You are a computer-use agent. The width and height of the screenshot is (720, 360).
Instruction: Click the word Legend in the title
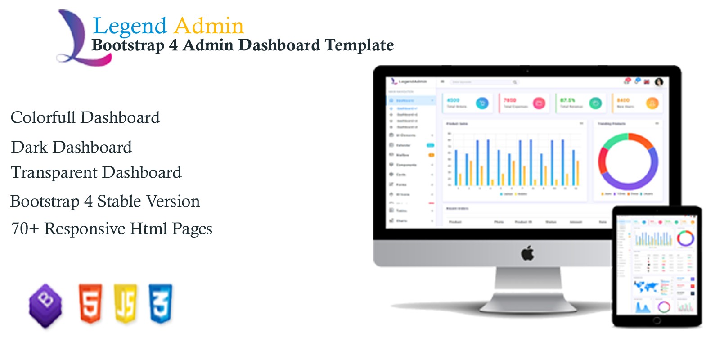click(130, 26)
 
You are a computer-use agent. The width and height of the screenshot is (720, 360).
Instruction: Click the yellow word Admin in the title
click(209, 26)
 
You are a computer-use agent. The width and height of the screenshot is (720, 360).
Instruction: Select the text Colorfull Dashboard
click(85, 118)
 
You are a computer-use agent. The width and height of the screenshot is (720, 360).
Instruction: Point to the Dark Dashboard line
click(72, 147)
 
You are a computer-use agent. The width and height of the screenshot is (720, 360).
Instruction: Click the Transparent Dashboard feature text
click(96, 173)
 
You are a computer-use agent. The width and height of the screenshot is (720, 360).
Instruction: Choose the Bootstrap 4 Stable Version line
click(105, 201)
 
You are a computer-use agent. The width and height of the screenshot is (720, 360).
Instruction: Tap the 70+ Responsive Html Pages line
click(112, 229)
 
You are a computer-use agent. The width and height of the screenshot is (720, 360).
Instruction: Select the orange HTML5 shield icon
click(90, 303)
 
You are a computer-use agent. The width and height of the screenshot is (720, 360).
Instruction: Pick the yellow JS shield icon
click(126, 303)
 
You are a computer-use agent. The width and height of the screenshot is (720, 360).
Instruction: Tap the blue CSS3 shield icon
click(161, 303)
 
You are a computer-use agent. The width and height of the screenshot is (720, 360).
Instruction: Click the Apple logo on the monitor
click(527, 253)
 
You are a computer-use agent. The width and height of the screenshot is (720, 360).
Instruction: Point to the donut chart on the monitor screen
click(628, 161)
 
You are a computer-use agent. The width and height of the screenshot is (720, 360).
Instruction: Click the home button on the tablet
click(657, 320)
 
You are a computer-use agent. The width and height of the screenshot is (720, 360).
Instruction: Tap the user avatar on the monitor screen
click(659, 82)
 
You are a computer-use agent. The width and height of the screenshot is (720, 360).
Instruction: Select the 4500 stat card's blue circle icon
click(482, 103)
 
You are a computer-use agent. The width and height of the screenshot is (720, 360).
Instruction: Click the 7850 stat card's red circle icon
click(539, 103)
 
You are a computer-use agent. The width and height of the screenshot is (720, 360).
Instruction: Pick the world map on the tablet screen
click(646, 286)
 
